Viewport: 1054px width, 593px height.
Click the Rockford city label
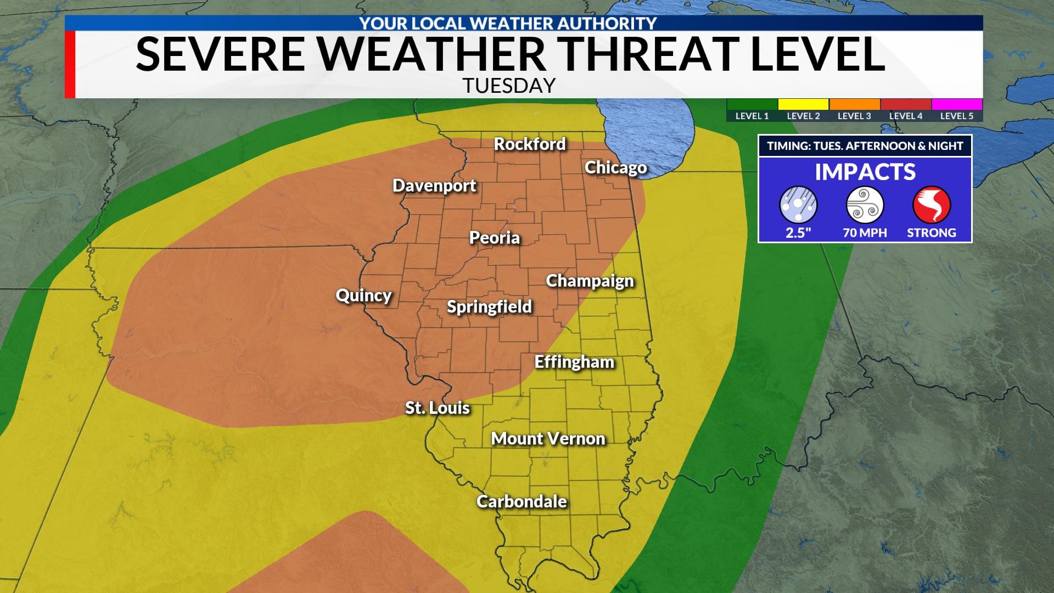coord(530,144)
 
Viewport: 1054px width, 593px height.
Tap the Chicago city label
coord(615,167)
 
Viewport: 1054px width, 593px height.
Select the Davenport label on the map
coord(434,186)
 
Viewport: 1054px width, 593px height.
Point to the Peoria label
coord(494,238)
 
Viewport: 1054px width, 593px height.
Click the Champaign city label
coord(590,281)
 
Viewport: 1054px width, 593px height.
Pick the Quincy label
coord(363,295)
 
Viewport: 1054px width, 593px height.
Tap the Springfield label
coord(489,306)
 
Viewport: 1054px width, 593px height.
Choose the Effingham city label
coord(574,362)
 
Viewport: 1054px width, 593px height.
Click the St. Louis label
coord(438,408)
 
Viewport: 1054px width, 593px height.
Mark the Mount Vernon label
coord(548,439)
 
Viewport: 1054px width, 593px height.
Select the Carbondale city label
coord(522,501)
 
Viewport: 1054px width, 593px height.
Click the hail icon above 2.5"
coord(798,205)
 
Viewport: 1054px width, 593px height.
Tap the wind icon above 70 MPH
coord(865,205)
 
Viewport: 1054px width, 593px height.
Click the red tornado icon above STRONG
coord(931,205)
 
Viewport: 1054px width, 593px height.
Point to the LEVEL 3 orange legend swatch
coord(854,104)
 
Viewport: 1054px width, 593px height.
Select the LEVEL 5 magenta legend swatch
coord(957,104)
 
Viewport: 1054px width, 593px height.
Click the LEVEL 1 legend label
coord(752,116)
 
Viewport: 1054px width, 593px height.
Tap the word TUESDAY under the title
coord(509,86)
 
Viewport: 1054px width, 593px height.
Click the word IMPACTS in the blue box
coord(865,172)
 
